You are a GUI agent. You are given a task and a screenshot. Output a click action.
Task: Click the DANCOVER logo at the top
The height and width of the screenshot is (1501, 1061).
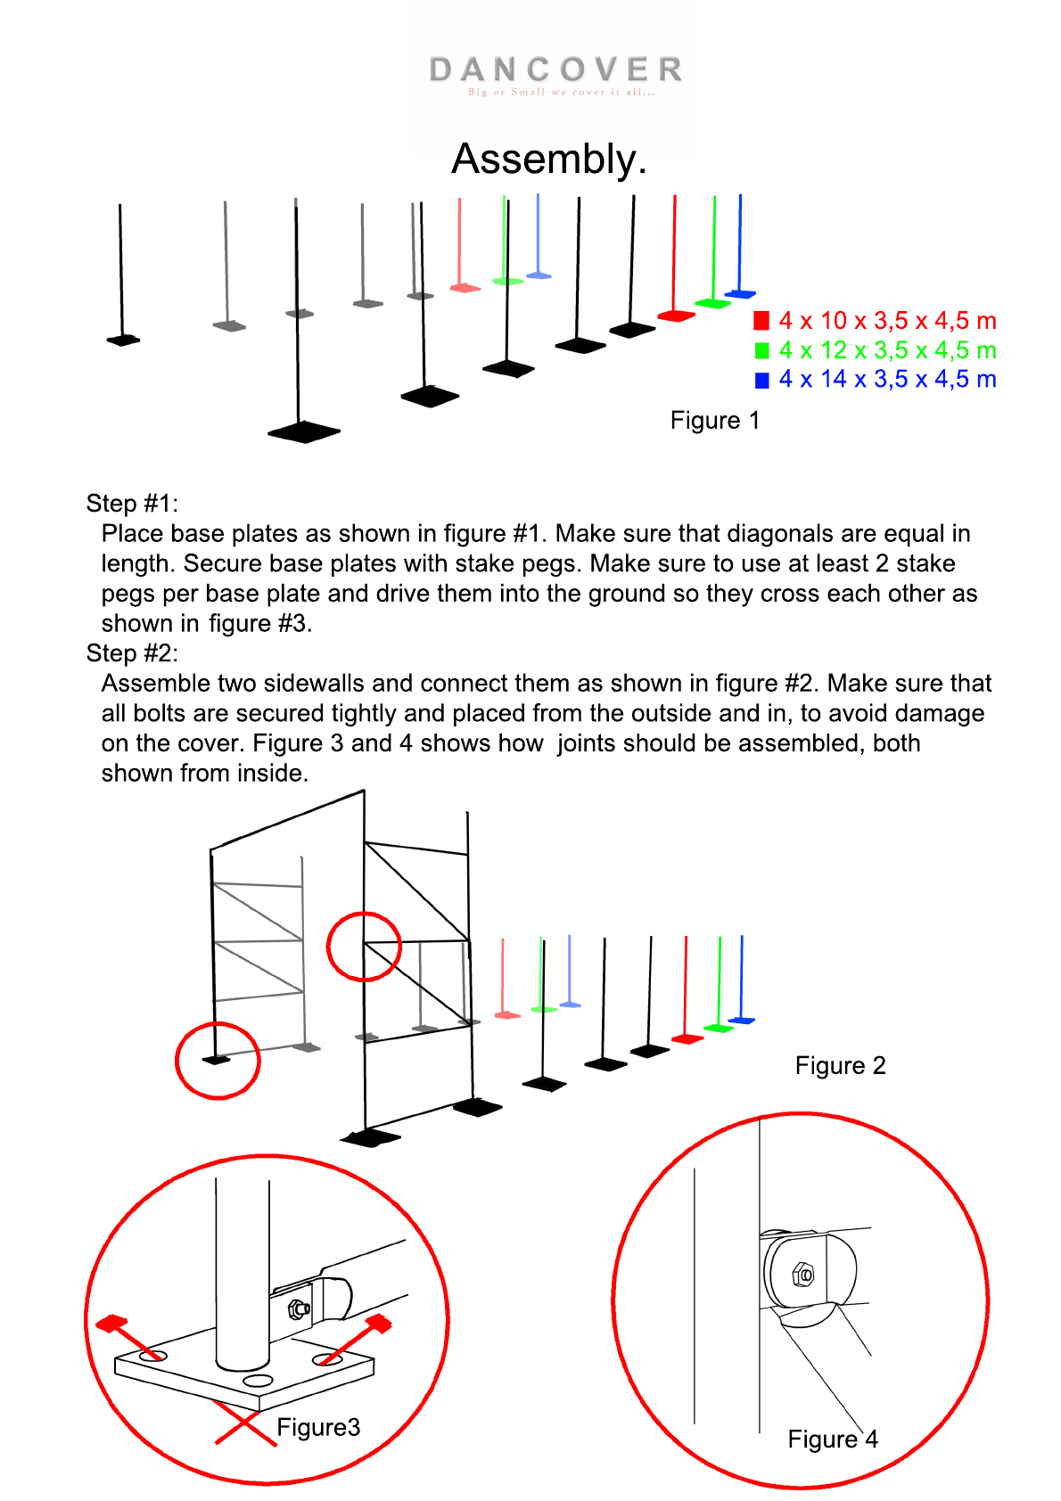tap(555, 71)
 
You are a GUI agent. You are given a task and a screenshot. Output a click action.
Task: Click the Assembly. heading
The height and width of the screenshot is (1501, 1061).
tap(548, 160)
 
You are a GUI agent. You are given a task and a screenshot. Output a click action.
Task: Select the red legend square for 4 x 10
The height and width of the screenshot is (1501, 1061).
tap(761, 321)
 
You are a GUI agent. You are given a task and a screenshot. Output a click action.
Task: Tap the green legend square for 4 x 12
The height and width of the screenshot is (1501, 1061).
tap(761, 350)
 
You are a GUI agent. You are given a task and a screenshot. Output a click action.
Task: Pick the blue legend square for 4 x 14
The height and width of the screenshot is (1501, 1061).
tap(761, 380)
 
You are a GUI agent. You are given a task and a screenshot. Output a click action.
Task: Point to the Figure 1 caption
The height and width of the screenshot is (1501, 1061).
tap(715, 421)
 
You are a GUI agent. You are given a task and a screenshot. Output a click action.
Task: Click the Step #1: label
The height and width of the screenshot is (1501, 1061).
tap(132, 504)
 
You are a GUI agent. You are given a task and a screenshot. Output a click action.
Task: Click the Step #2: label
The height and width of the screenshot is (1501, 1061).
tap(132, 653)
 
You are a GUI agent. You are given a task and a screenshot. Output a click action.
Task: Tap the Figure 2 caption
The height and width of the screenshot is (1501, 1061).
tap(840, 1066)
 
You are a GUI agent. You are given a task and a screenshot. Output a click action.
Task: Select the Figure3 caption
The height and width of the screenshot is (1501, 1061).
tap(318, 1428)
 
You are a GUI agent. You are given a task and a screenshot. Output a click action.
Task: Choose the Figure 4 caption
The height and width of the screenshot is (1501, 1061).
tap(833, 1439)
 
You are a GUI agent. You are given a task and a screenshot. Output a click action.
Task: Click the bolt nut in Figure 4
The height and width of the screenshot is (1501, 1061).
tap(803, 1275)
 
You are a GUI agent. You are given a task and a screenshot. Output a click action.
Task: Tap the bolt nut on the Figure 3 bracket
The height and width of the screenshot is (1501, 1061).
tap(298, 1309)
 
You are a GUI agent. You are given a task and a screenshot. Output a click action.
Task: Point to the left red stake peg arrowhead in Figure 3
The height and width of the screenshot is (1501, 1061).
tap(111, 1324)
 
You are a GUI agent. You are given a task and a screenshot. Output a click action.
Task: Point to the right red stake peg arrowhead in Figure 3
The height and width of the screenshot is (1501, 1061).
tap(379, 1323)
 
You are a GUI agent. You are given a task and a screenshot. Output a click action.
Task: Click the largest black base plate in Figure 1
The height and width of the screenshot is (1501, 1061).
tap(304, 432)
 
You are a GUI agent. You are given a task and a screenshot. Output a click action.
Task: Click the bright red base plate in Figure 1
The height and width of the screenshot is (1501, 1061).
tap(677, 315)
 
